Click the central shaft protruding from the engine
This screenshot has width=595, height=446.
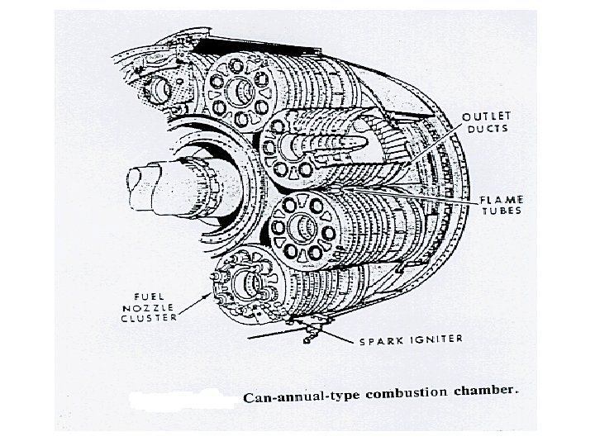(x=149, y=180)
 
